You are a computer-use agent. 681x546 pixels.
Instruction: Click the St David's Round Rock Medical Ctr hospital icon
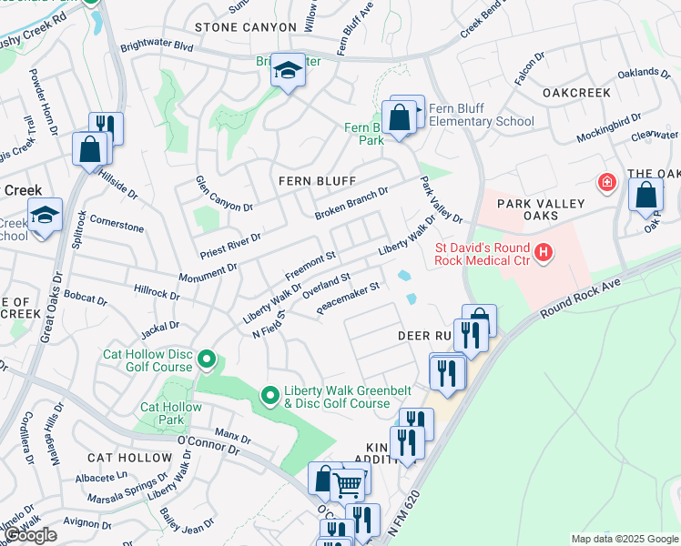pyautogui.click(x=544, y=251)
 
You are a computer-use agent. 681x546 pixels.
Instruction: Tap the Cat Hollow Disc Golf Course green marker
pyautogui.click(x=207, y=360)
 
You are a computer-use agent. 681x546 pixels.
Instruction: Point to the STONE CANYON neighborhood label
pyautogui.click(x=246, y=28)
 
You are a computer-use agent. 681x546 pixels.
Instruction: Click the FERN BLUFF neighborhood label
pyautogui.click(x=317, y=181)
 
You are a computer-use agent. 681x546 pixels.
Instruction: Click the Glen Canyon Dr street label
pyautogui.click(x=223, y=194)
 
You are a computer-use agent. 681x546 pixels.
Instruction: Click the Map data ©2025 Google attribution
pyautogui.click(x=625, y=539)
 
